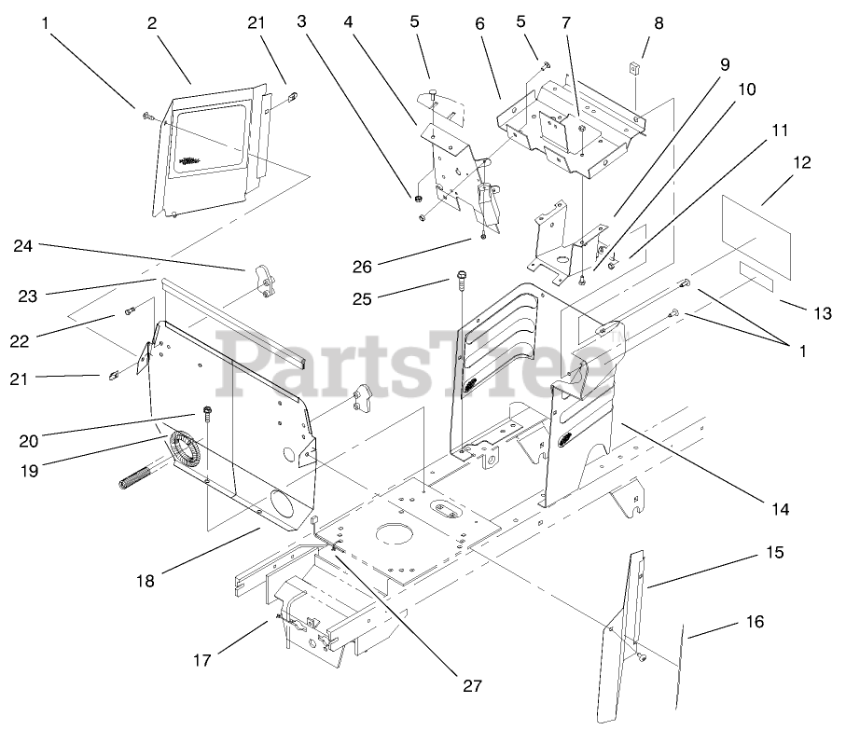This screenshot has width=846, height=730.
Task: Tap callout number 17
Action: (x=202, y=660)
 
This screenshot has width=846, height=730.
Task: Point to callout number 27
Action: (x=472, y=685)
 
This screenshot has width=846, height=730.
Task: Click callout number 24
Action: (x=24, y=247)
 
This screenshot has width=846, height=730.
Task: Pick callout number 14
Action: (x=780, y=509)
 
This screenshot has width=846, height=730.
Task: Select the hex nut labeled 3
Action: (x=419, y=198)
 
